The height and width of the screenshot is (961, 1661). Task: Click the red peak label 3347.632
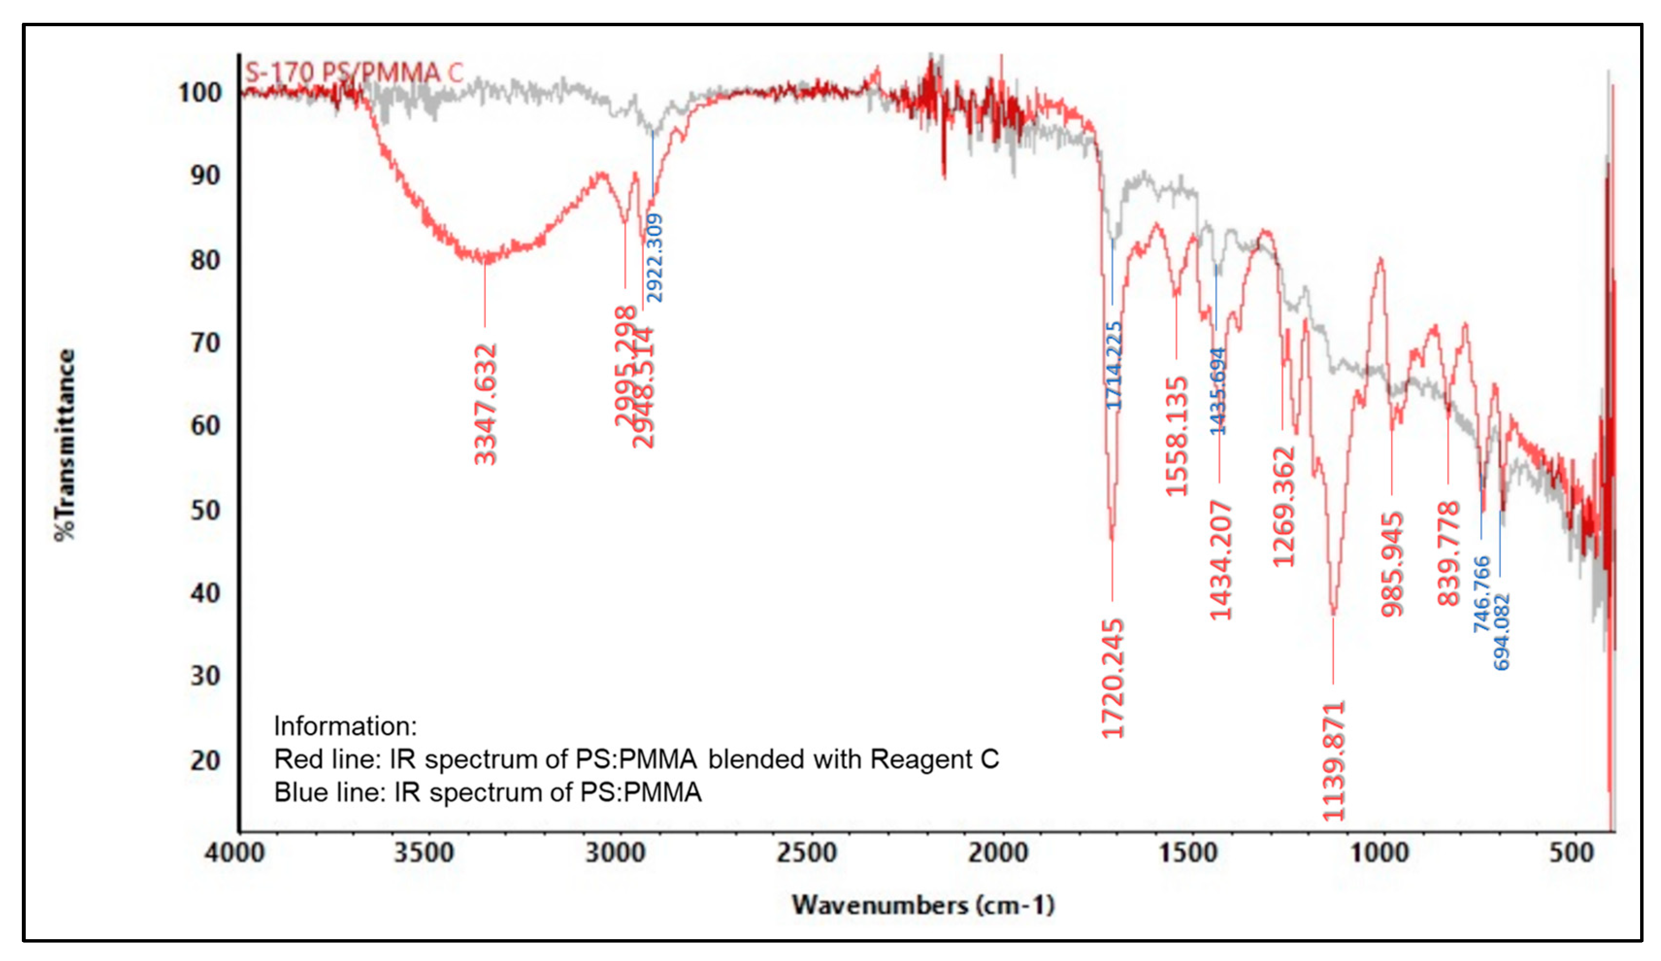click(x=486, y=404)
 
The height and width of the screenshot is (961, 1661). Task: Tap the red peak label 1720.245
click(x=1113, y=678)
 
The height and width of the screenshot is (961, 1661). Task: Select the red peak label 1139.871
click(x=1333, y=761)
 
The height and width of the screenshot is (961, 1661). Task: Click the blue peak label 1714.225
click(x=1113, y=365)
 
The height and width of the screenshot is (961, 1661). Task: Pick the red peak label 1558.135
click(x=1177, y=436)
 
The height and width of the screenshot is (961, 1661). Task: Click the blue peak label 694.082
click(x=1501, y=632)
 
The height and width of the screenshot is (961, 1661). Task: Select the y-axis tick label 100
click(x=200, y=92)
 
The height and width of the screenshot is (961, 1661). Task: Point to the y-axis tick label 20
click(x=205, y=761)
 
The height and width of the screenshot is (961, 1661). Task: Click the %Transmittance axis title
click(x=65, y=445)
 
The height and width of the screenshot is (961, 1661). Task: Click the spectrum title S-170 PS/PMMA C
click(x=354, y=72)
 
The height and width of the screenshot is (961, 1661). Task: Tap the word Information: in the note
click(x=345, y=726)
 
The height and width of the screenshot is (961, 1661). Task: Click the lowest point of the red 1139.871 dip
click(x=1334, y=613)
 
